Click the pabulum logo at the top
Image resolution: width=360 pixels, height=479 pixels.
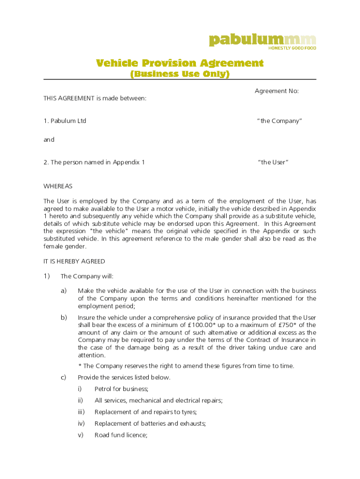[262, 40]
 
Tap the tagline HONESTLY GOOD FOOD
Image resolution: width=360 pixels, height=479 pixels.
[292, 48]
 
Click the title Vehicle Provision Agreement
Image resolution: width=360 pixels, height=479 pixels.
[180, 63]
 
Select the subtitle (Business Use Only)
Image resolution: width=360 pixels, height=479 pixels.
[180, 74]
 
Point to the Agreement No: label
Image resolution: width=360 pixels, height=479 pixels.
[276, 91]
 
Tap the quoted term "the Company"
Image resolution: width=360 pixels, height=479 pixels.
[279, 121]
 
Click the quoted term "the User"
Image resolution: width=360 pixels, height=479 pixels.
[273, 162]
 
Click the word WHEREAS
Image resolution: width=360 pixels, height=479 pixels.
[58, 186]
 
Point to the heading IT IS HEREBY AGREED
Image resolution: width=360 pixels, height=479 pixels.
[74, 261]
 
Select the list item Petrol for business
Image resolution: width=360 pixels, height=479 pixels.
[121, 389]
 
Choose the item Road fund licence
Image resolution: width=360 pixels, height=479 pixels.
[121, 435]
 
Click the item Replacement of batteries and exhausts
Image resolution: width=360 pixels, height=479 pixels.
[150, 423]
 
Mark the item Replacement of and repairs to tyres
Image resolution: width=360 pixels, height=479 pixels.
[145, 412]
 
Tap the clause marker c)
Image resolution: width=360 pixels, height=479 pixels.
[64, 377]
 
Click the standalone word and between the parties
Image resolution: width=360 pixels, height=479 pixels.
[49, 139]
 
